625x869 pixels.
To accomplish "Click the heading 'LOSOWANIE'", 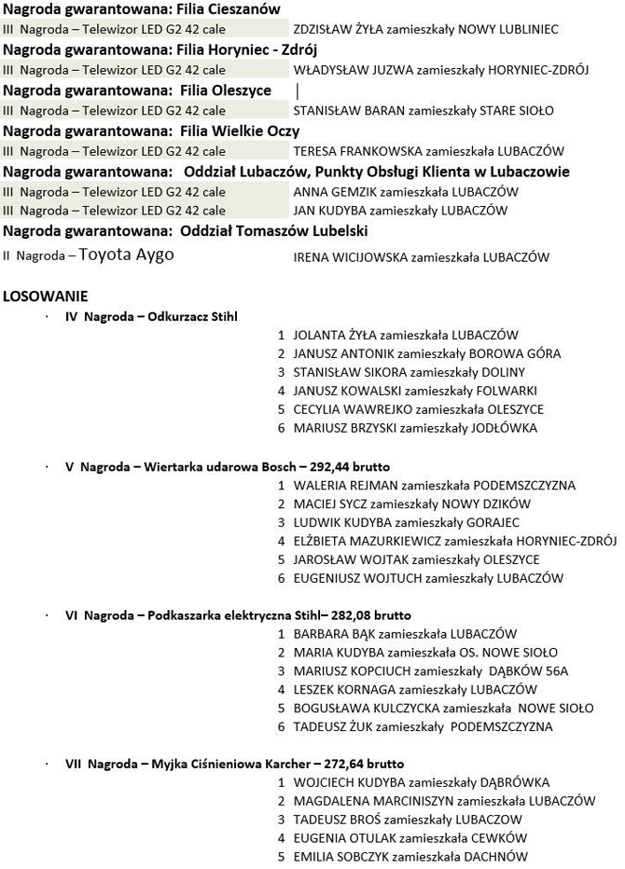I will (46, 297).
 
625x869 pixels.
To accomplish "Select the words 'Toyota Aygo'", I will (126, 255).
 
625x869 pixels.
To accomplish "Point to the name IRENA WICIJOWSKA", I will (351, 257).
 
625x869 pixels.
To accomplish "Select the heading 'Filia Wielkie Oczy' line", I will (151, 131).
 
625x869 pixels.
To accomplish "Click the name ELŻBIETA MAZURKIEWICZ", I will (367, 541).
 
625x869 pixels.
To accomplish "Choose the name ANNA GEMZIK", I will (331, 192).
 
